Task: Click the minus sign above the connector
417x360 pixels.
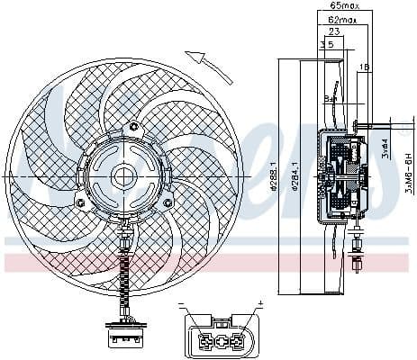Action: coord(180,303)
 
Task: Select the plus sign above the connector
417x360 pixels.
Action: coord(259,303)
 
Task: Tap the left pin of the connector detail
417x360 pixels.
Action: coord(207,342)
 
